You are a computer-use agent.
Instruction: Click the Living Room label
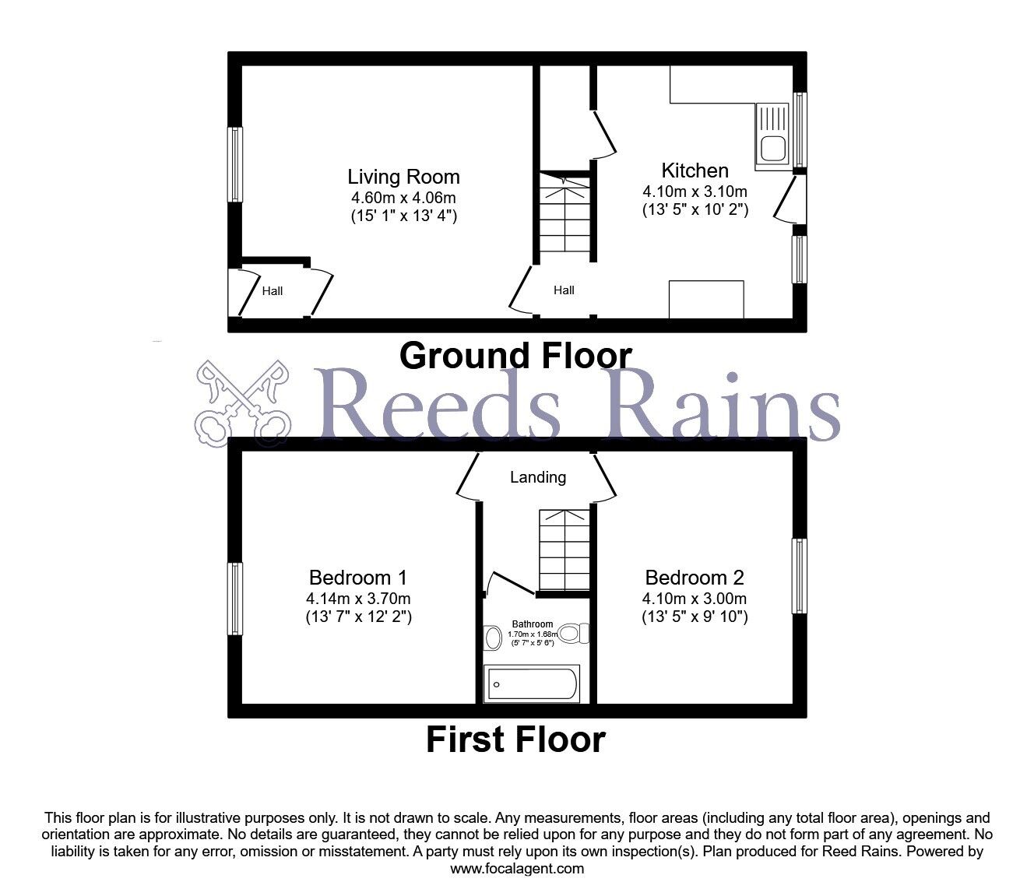(403, 177)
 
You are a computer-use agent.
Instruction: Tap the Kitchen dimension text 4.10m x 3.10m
(695, 191)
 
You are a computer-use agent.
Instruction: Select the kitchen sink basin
(773, 148)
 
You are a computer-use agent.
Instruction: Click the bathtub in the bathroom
(531, 683)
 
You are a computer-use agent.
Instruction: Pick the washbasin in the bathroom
(493, 638)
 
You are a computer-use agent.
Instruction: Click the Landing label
(538, 477)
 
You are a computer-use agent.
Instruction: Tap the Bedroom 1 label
(358, 578)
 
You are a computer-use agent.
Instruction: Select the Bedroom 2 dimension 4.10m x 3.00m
(695, 599)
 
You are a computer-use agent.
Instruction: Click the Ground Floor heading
(515, 355)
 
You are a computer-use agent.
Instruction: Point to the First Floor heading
(515, 740)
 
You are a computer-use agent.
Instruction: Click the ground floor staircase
(564, 212)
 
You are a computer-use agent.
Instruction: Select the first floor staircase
(564, 550)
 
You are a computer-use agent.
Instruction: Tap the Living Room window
(235, 164)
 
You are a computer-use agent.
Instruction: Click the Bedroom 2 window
(800, 576)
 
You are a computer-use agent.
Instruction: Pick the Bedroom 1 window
(235, 599)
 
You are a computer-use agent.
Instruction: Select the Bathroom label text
(533, 624)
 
